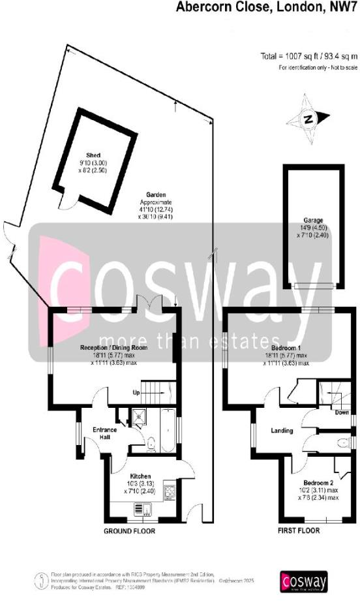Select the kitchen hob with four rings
pos(170,491)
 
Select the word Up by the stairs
pos(136,393)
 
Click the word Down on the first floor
pos(340,412)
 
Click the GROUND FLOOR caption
pos(130,531)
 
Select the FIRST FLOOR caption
pos(299,531)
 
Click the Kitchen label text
pos(140,476)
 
